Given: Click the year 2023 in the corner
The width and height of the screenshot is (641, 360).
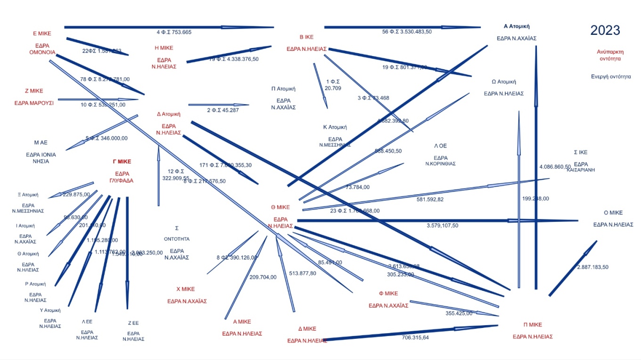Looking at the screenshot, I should point(605,31).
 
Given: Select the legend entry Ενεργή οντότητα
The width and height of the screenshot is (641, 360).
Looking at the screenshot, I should point(611,76).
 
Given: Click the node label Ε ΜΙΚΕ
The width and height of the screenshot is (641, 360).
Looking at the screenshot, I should point(42,33).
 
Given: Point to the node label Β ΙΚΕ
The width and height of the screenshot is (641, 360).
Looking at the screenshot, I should point(306,37).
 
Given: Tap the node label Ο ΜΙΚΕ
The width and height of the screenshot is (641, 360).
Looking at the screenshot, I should point(613,213).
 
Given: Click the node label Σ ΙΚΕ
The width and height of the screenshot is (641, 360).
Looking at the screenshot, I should point(580,152).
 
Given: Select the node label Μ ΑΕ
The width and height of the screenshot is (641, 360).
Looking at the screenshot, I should point(41,142).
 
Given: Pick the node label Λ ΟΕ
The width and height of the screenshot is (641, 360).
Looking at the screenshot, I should point(440,146).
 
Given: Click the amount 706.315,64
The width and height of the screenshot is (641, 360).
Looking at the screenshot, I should point(415,337).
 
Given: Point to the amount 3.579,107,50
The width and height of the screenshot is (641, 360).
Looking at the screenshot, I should point(442,226).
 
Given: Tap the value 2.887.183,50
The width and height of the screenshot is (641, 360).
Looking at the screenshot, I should point(592,267).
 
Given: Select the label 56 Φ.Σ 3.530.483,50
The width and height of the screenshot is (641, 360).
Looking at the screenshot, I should point(407,32).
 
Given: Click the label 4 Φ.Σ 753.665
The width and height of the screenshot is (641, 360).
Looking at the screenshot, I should point(174,32).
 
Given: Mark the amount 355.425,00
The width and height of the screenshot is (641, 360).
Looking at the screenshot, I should point(459,313).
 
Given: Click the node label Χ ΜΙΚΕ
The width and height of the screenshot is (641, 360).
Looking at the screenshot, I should point(185,289).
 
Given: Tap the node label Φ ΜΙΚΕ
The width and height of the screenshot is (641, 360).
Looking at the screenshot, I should point(388,293).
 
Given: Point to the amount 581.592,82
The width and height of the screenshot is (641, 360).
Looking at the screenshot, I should point(430,199).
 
